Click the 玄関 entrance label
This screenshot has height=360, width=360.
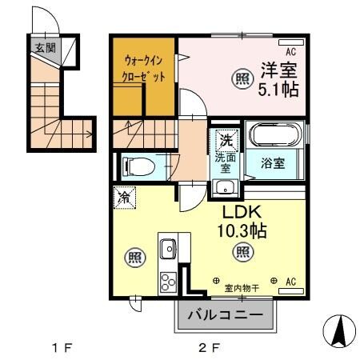pyautogui.click(x=44, y=47)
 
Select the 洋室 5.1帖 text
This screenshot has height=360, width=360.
pyautogui.click(x=278, y=78)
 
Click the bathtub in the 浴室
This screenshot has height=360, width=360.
pyautogui.click(x=275, y=136)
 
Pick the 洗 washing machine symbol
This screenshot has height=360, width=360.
pyautogui.click(x=226, y=139)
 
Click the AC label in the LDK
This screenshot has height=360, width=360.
pyautogui.click(x=290, y=282)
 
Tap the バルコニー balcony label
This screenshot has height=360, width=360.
pyautogui.click(x=225, y=315)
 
